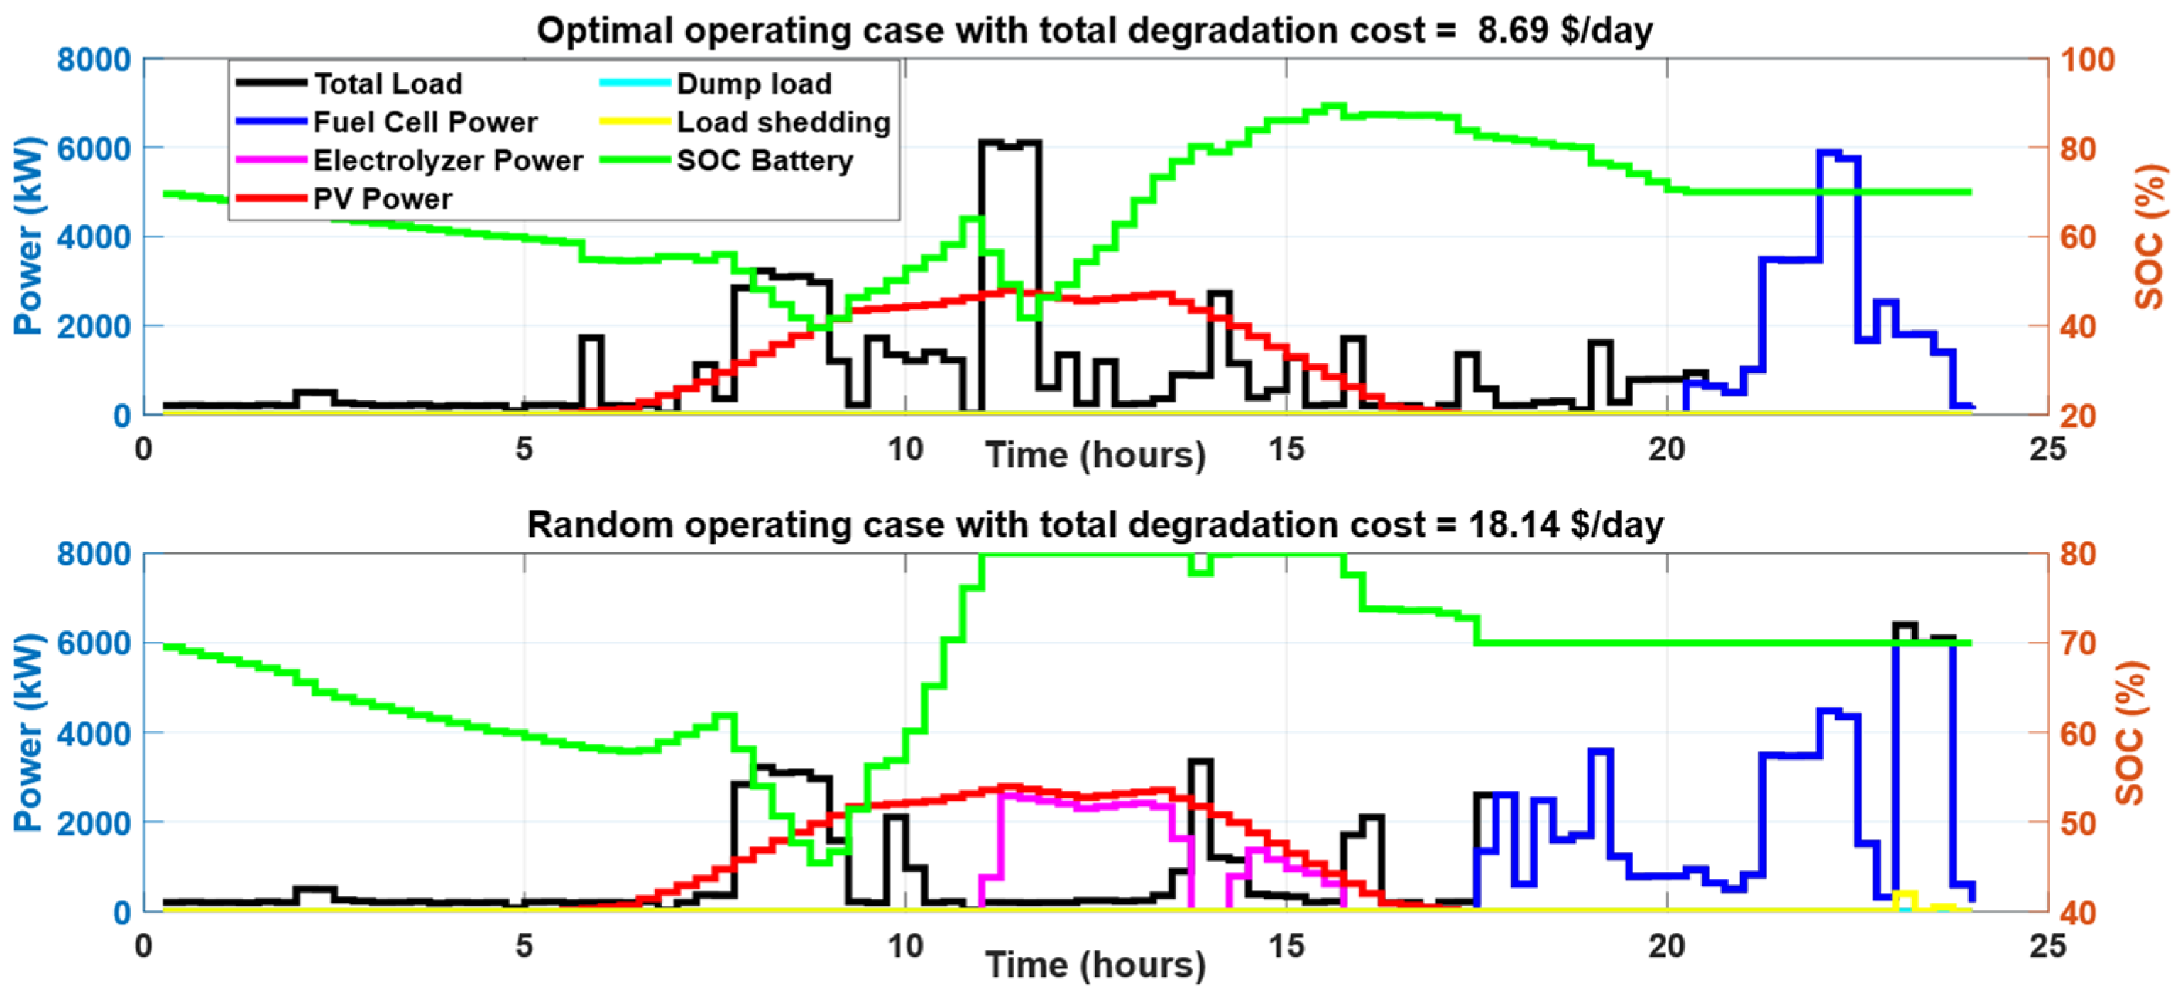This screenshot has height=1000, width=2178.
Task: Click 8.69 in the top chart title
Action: pyautogui.click(x=1513, y=31)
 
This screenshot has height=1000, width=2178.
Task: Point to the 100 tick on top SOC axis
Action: pyautogui.click(x=2086, y=60)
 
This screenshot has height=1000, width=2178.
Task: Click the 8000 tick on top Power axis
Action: pyautogui.click(x=94, y=60)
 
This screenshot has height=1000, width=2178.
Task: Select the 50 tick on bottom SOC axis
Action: pyautogui.click(x=2077, y=823)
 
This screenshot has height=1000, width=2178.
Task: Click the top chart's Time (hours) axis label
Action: pyautogui.click(x=1095, y=455)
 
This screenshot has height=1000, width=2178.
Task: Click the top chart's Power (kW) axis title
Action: pyautogui.click(x=28, y=236)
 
